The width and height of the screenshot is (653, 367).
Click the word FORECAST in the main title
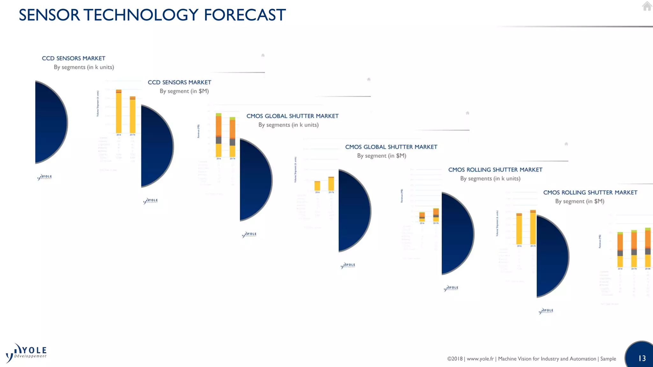pyautogui.click(x=245, y=15)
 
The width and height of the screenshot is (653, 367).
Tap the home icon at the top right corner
pyautogui.click(x=647, y=6)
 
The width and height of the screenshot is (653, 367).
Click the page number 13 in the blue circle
pyautogui.click(x=642, y=358)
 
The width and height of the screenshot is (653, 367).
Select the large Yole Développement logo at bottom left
pyautogui.click(x=26, y=353)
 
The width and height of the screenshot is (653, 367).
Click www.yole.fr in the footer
pyautogui.click(x=480, y=359)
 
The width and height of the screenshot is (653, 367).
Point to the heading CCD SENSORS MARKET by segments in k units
pyautogui.click(x=73, y=58)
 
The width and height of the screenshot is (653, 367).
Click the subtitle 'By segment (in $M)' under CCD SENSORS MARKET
pyautogui.click(x=184, y=91)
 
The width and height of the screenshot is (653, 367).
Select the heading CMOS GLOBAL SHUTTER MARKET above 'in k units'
pyautogui.click(x=292, y=116)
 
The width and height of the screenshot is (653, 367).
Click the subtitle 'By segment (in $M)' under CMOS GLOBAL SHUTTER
pyautogui.click(x=381, y=156)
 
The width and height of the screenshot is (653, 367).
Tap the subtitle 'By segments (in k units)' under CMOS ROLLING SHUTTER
pyautogui.click(x=490, y=179)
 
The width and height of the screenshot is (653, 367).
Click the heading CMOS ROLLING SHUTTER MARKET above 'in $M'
pyautogui.click(x=590, y=192)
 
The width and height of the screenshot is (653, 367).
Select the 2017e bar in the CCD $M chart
pyautogui.click(x=232, y=137)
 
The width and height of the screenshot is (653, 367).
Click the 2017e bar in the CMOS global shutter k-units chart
pyautogui.click(x=331, y=184)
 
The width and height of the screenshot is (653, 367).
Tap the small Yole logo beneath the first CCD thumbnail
pyautogui.click(x=45, y=177)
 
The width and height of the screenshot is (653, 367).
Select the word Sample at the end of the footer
pyautogui.click(x=608, y=359)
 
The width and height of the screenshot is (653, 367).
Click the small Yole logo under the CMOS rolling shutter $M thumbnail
pyautogui.click(x=546, y=311)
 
